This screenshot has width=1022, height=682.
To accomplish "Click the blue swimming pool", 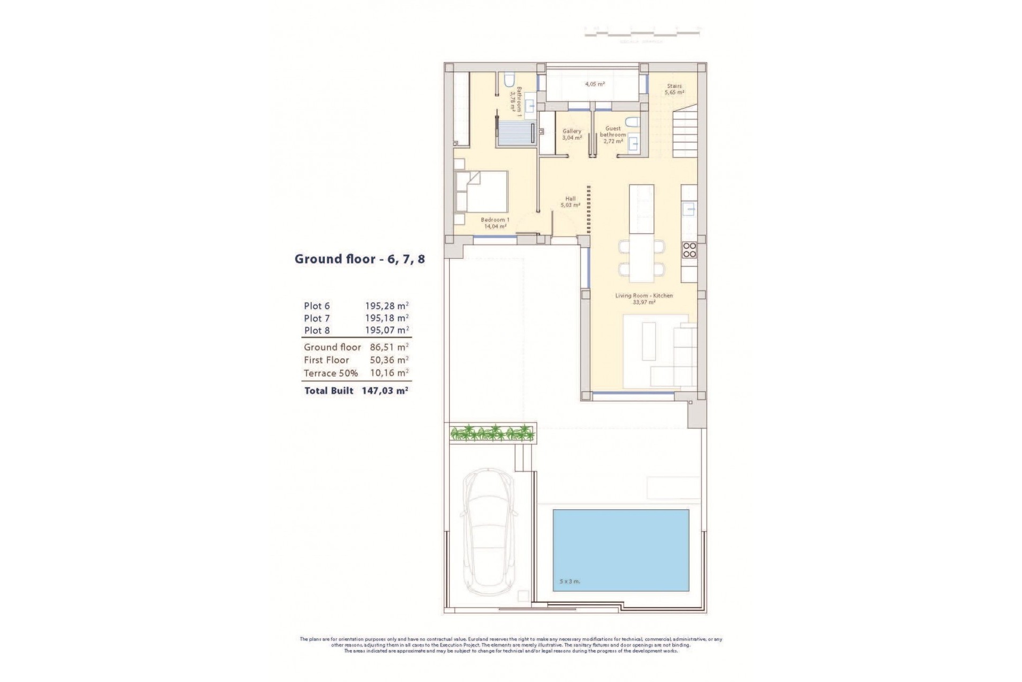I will [621, 550].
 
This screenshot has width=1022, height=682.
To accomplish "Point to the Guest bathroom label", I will [613, 135].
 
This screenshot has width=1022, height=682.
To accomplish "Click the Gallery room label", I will [572, 134].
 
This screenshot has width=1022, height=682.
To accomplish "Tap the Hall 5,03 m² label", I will [570, 201].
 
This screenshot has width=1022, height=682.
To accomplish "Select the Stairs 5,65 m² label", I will [673, 89].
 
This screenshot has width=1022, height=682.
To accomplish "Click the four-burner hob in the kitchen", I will [689, 250].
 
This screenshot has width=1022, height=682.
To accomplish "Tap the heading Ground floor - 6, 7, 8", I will [360, 259].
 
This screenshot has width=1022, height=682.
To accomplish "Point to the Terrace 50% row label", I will [331, 373].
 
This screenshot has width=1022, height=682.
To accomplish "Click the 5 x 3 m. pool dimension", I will [570, 581].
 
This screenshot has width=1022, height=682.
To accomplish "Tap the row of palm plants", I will [492, 433].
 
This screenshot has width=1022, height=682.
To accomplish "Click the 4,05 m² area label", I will [595, 84].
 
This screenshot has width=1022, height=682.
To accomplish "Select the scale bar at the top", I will [642, 34].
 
